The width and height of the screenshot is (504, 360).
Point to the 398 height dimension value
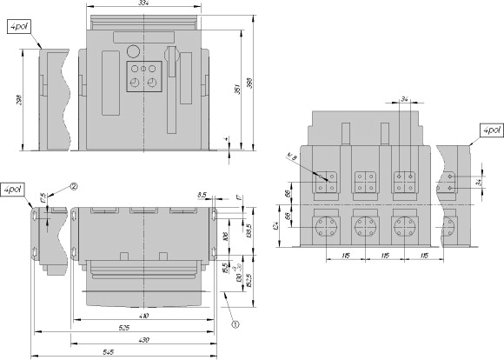250,83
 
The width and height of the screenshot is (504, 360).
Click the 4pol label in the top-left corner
18,28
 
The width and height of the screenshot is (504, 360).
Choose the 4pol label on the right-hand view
488,130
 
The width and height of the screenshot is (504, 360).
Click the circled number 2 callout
74,186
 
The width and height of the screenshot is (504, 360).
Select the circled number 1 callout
235,323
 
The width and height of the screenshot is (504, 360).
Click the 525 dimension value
125,328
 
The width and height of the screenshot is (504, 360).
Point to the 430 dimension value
144,340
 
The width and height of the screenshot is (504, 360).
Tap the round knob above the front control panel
133,51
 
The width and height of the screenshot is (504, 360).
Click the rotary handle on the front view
173,57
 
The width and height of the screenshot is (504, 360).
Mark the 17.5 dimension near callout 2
43,198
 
